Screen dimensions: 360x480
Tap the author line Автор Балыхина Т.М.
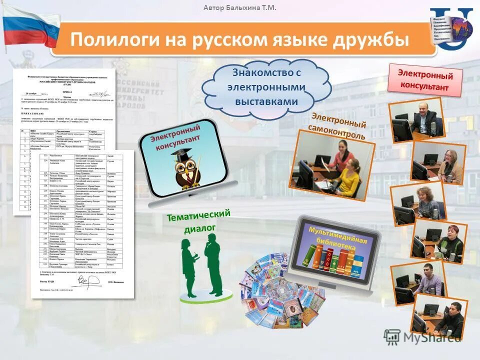pyautogui.click(x=240, y=7)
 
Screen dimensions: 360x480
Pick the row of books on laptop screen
pyautogui.click(x=337, y=260)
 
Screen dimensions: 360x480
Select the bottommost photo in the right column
pyautogui.click(x=440, y=315)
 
